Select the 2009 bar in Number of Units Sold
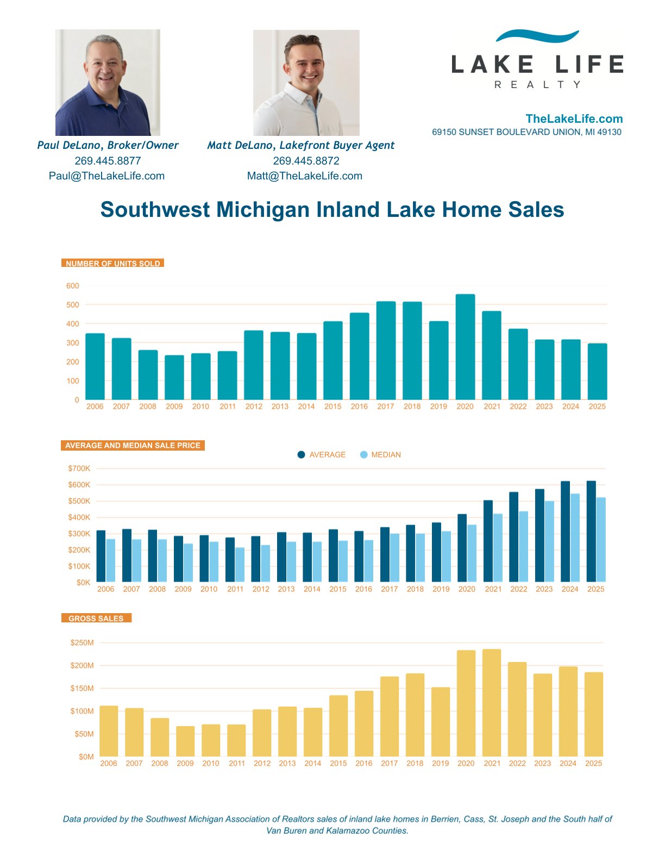(174, 377)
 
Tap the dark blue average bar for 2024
(565, 532)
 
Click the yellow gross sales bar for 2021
(492, 703)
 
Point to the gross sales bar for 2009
(185, 741)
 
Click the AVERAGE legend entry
(322, 454)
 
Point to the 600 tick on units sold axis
(73, 286)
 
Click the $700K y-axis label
(79, 469)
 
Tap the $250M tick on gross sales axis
(82, 642)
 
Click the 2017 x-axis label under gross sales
(389, 763)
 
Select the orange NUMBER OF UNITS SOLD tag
(112, 263)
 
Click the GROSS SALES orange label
(96, 618)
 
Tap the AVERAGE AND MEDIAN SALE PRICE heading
(133, 445)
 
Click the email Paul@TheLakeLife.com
(106, 176)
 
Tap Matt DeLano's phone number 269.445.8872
(306, 161)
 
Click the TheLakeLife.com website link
(574, 118)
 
